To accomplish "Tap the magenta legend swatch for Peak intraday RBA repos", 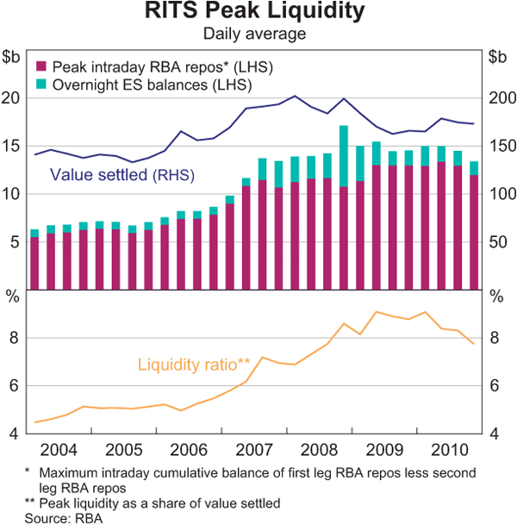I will (40, 66).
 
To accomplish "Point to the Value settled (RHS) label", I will (121, 174).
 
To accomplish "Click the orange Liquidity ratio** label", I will (194, 366).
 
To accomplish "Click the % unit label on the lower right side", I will (496, 297).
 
